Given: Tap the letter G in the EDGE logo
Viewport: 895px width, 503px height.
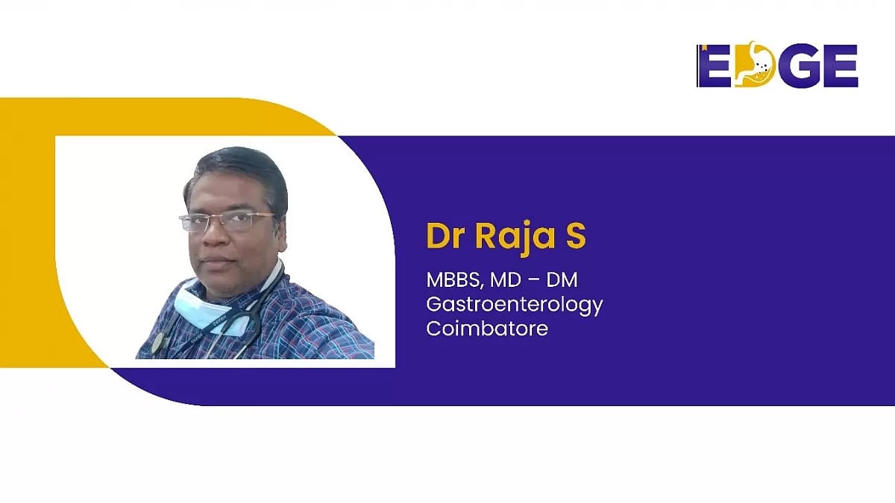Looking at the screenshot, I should click(794, 66).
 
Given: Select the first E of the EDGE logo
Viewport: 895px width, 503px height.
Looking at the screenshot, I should click(714, 66).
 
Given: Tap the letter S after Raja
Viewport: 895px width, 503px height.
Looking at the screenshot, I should click(576, 236).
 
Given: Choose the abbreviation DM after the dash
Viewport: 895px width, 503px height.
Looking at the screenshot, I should click(562, 281).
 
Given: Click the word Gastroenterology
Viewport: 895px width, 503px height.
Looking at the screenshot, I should click(515, 304).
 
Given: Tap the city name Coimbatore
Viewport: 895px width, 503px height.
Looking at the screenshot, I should click(487, 328).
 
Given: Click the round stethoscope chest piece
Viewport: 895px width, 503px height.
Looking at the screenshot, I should click(158, 344).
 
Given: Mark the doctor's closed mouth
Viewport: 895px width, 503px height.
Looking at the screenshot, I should click(217, 261).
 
